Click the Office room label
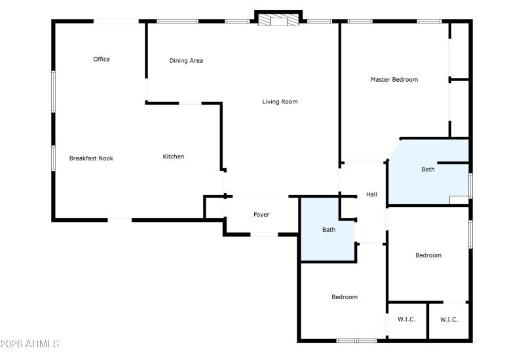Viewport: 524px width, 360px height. pyautogui.click(x=102, y=60)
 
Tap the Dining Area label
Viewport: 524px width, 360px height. pyautogui.click(x=186, y=61)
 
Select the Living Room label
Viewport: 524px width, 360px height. pyautogui.click(x=280, y=101)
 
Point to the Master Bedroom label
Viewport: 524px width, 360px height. pyautogui.click(x=394, y=80)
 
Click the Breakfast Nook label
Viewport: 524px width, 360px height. pyautogui.click(x=91, y=158)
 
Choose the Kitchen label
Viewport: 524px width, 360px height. pyautogui.click(x=174, y=156)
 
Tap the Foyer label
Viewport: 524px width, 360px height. pyautogui.click(x=261, y=215)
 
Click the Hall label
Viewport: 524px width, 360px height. pyautogui.click(x=371, y=194)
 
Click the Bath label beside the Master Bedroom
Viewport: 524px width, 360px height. pyautogui.click(x=428, y=170)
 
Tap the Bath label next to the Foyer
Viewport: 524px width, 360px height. pyautogui.click(x=328, y=230)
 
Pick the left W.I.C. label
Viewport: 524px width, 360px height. pyautogui.click(x=407, y=319)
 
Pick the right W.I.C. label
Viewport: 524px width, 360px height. pyautogui.click(x=449, y=319)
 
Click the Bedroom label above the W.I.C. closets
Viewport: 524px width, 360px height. pyautogui.click(x=428, y=255)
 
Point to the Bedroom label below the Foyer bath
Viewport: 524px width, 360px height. pyautogui.click(x=345, y=297)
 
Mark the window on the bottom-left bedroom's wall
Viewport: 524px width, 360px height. pyautogui.click(x=356, y=340)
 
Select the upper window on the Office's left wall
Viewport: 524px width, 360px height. pyautogui.click(x=53, y=90)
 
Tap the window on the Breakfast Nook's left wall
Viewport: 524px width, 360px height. pyautogui.click(x=53, y=158)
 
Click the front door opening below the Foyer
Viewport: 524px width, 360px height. pyautogui.click(x=264, y=234)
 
